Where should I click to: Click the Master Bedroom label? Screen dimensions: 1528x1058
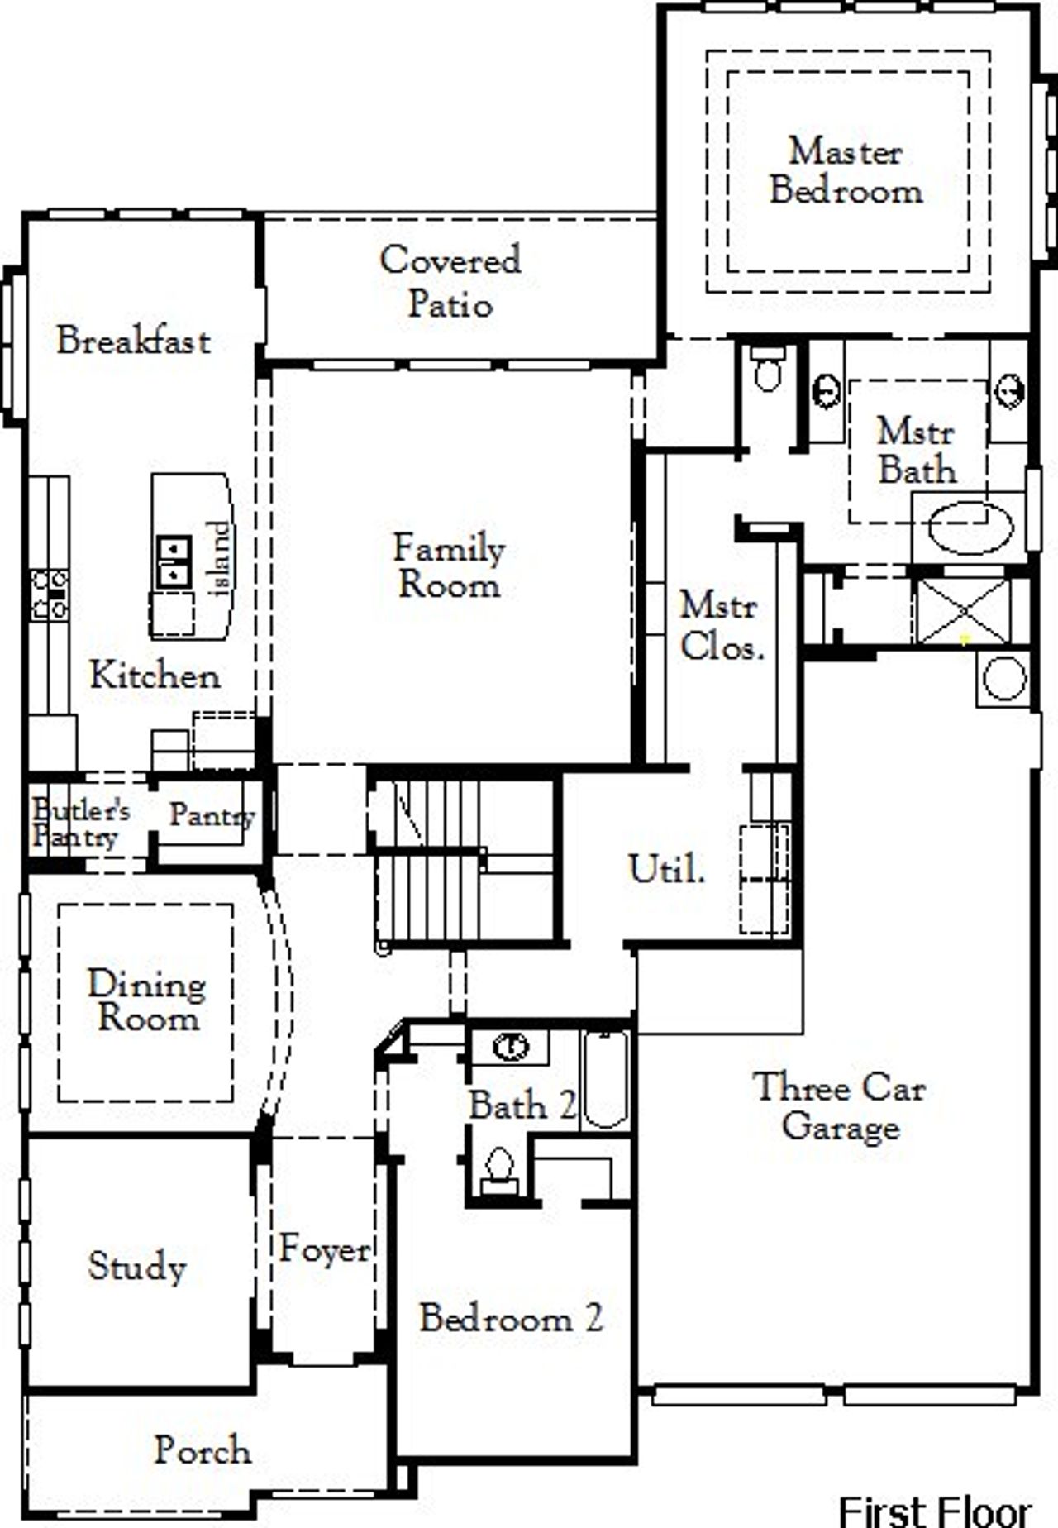pyautogui.click(x=846, y=171)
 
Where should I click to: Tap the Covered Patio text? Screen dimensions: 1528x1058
pyautogui.click(x=450, y=282)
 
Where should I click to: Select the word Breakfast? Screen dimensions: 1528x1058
pyautogui.click(x=133, y=341)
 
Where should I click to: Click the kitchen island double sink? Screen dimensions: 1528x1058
pyautogui.click(x=174, y=561)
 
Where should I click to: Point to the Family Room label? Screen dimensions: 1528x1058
pyautogui.click(x=449, y=567)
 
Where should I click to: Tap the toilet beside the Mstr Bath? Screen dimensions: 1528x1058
pyautogui.click(x=769, y=370)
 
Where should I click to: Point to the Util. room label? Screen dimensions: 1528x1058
pyautogui.click(x=666, y=869)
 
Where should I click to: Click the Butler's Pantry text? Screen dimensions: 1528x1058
pyautogui.click(x=79, y=824)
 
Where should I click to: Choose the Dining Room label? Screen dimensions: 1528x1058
pyautogui.click(x=147, y=1000)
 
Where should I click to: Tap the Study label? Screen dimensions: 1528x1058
pyautogui.click(x=137, y=1266)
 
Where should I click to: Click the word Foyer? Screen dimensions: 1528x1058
pyautogui.click(x=325, y=1249)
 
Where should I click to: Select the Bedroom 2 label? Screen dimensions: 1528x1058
pyautogui.click(x=511, y=1318)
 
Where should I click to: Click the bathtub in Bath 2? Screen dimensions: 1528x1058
pyautogui.click(x=605, y=1078)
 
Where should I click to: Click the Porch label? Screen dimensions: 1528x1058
pyautogui.click(x=203, y=1450)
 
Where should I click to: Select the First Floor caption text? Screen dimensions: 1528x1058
pyautogui.click(x=935, y=1511)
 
